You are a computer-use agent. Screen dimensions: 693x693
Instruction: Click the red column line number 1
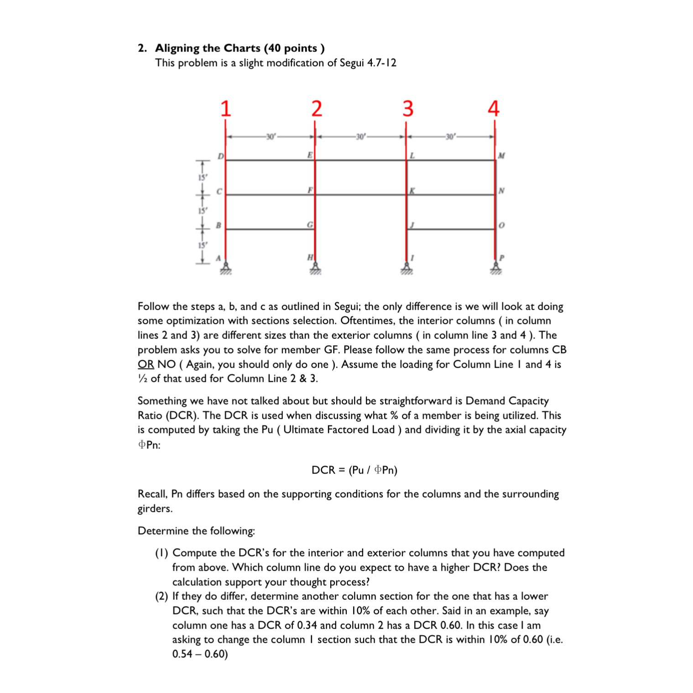[226, 109]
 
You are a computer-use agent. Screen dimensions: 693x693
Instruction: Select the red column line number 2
[317, 109]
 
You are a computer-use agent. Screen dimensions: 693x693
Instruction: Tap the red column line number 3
[408, 109]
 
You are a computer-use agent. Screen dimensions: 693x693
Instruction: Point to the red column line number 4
[494, 109]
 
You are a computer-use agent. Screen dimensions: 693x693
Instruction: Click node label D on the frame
[220, 156]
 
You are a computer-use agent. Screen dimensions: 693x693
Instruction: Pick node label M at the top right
[501, 156]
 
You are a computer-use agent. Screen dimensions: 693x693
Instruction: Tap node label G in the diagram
[310, 225]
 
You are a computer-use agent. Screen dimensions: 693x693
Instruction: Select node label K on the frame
[412, 191]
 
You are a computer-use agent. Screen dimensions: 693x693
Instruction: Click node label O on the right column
[501, 225]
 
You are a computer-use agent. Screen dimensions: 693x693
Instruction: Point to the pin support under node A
[225, 268]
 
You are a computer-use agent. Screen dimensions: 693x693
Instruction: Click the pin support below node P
[496, 268]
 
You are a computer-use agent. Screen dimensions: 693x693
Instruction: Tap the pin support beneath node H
[315, 268]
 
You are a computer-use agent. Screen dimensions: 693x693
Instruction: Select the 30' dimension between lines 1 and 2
[271, 136]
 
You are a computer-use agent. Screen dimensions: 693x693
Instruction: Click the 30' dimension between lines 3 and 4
[450, 136]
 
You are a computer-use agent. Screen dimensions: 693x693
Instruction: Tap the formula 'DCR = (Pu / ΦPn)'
[354, 470]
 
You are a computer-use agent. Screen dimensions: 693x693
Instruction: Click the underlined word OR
[146, 365]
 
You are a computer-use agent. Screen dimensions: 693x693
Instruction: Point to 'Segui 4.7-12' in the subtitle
[368, 63]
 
